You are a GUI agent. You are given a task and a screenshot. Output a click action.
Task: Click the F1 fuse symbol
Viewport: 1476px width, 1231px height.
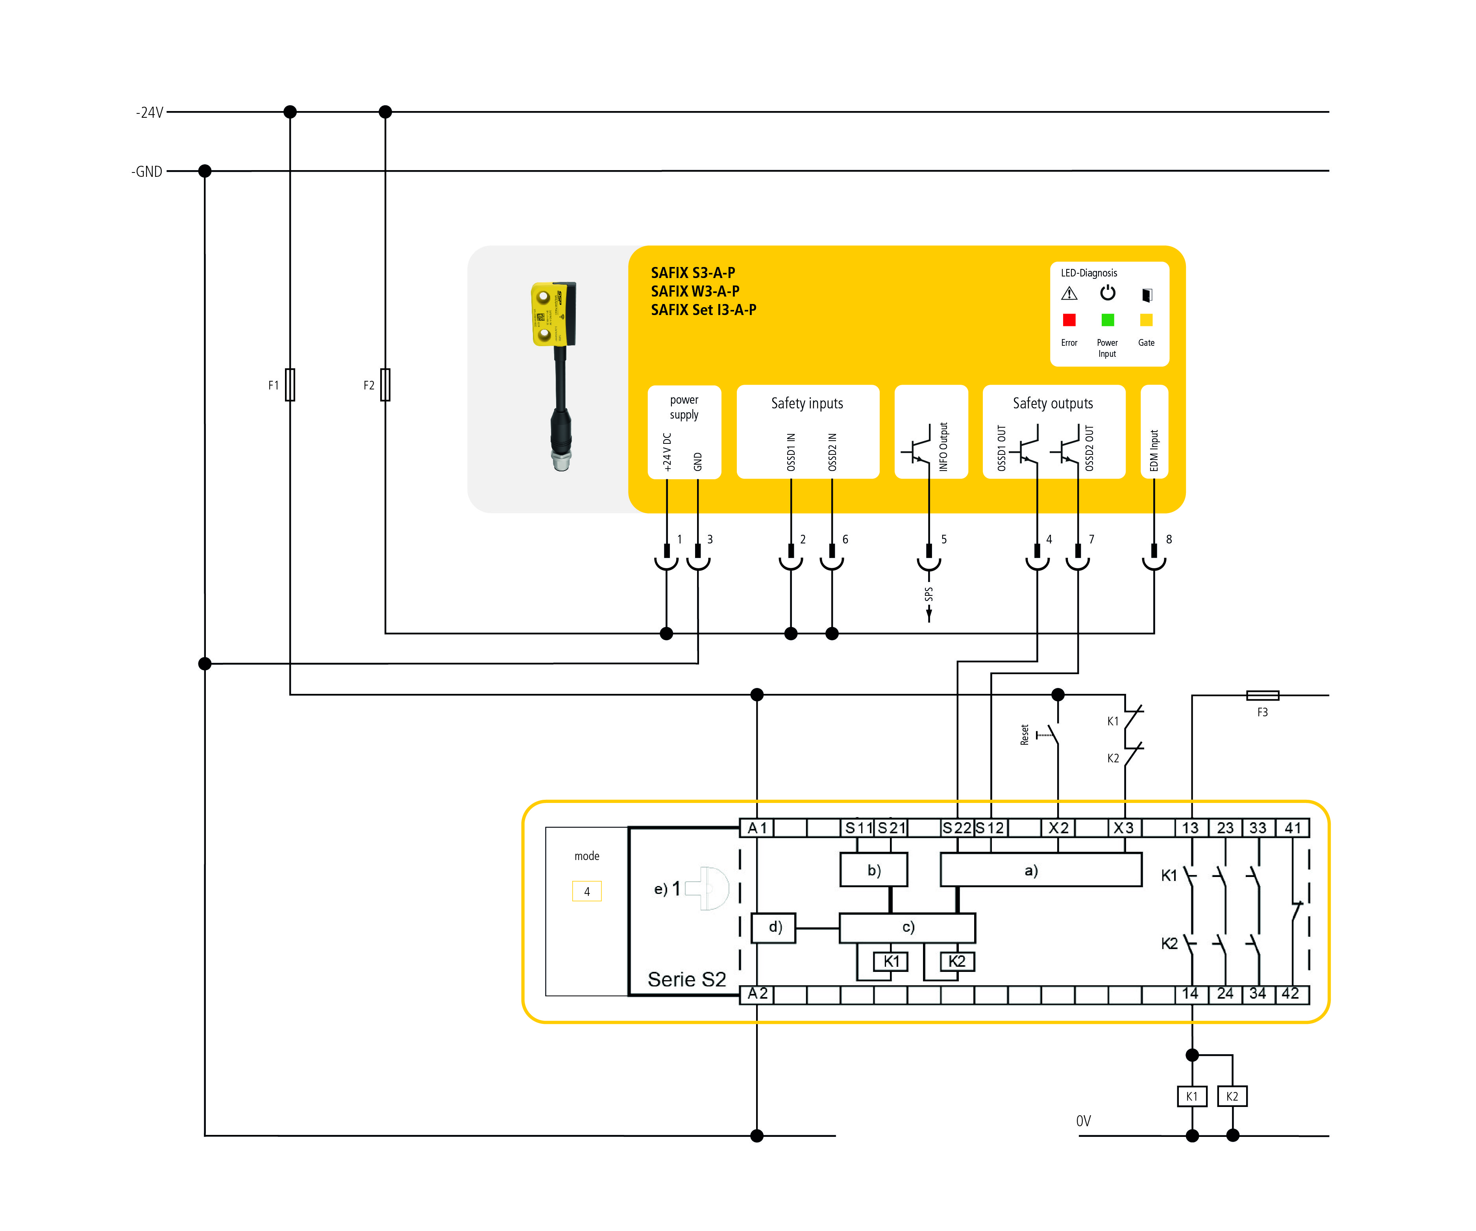[290, 385]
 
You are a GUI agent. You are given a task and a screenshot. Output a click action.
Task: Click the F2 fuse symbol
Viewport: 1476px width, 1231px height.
[385, 385]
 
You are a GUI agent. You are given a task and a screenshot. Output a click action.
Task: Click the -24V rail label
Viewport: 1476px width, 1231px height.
[150, 113]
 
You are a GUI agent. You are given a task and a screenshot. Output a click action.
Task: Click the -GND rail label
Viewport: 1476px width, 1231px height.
[147, 172]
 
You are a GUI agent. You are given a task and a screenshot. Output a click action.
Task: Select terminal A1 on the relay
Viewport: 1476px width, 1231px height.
[757, 828]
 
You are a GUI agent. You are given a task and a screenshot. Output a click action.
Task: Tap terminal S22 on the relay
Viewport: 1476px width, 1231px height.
[956, 828]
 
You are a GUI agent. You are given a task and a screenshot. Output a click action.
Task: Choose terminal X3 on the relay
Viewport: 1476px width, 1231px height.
[1124, 828]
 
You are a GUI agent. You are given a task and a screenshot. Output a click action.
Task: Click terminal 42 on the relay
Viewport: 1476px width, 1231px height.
[1291, 994]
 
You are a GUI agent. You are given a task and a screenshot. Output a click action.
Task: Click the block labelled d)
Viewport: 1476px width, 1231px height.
[774, 927]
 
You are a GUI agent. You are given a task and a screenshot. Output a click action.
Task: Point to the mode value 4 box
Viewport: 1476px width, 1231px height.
[587, 892]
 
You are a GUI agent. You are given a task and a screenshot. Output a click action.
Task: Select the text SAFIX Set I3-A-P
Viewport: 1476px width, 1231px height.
[704, 310]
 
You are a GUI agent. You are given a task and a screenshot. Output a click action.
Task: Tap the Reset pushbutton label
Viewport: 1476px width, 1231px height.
[1025, 735]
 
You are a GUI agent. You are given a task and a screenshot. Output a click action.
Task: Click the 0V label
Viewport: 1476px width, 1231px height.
[1083, 1121]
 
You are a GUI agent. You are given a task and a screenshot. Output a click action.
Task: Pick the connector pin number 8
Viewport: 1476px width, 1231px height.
[1169, 539]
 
